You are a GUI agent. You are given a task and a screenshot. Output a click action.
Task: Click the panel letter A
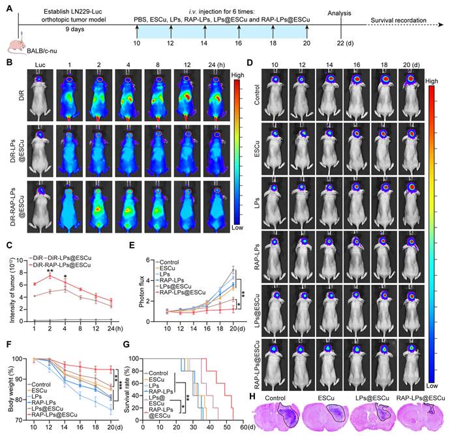[9, 7]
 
